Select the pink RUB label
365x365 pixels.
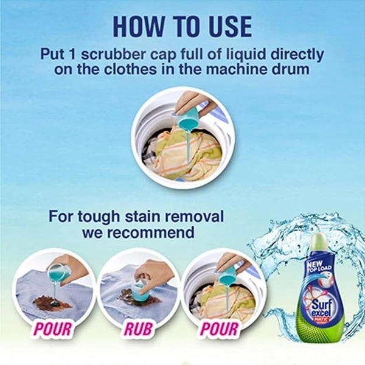point(139,329)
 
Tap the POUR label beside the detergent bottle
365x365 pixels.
point(220,329)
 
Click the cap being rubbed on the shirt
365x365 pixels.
point(140,293)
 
